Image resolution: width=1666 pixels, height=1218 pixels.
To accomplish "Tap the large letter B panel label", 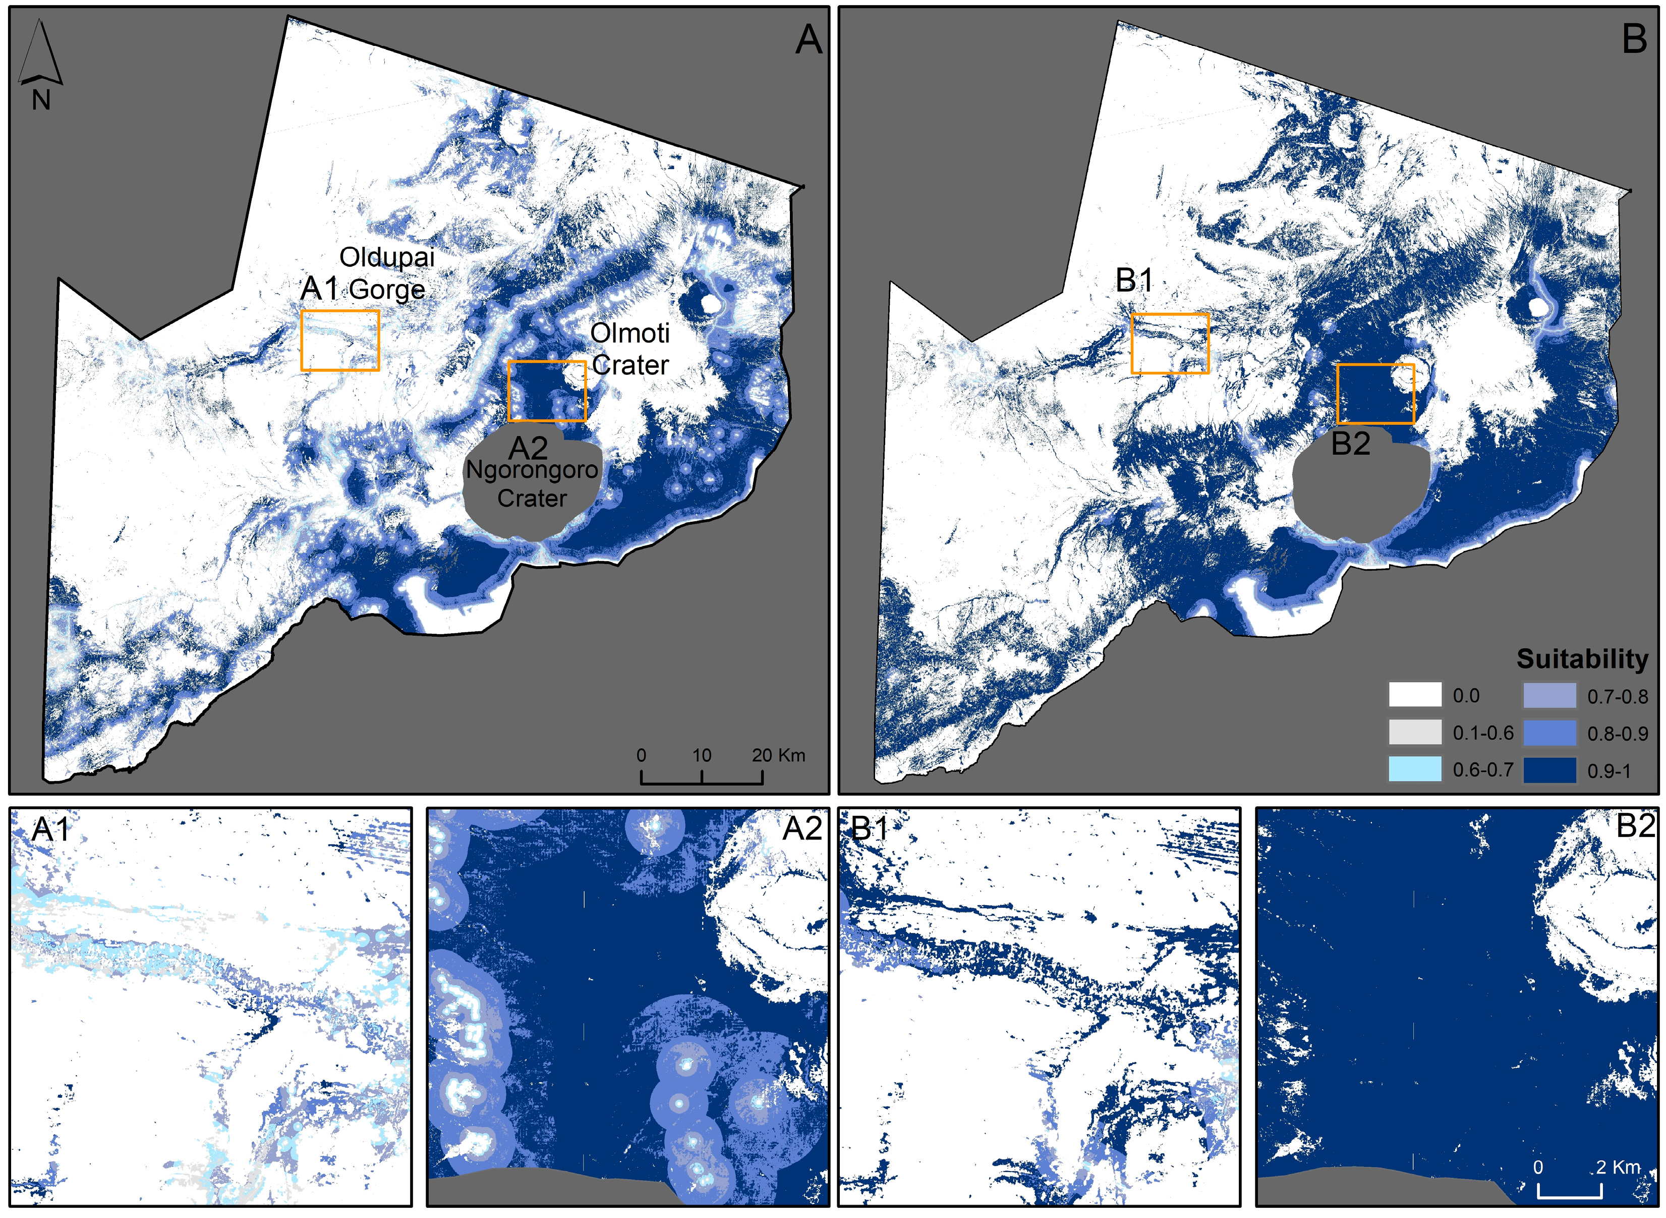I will pos(1634,39).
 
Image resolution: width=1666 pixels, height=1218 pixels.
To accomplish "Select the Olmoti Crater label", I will pos(630,349).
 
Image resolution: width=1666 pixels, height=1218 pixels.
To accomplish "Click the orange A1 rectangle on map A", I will pos(339,340).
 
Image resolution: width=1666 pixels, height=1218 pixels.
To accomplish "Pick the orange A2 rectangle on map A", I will pos(547,391).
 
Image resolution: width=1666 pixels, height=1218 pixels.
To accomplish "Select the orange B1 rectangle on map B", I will pos(1169,343).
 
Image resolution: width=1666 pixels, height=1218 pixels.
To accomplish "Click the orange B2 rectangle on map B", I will pos(1375,393).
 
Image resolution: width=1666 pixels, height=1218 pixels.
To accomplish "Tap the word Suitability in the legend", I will pos(1581,658).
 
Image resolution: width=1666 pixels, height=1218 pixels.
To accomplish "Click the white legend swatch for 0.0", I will pos(1415,695).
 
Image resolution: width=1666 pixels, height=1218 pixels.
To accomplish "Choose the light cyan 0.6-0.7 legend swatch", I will pos(1415,769).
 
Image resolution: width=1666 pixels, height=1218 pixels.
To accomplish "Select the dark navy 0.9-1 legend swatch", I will pos(1549,770).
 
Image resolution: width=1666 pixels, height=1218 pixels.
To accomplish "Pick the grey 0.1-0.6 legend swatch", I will pos(1415,732).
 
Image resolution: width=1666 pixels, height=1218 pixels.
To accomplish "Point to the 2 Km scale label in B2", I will pos(1618,1167).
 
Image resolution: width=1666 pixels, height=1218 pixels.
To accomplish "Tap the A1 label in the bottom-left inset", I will pos(50,829).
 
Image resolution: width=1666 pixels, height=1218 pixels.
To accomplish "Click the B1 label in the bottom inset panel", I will pos(870,828).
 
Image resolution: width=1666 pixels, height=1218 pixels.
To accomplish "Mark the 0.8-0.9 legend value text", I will pos(1618,734).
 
